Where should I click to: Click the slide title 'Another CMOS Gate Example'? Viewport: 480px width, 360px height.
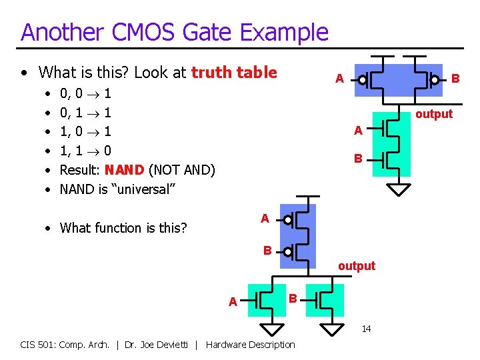click(x=175, y=32)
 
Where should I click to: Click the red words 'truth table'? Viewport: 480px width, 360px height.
click(x=234, y=73)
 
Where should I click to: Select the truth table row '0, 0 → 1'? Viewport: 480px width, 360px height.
click(x=85, y=93)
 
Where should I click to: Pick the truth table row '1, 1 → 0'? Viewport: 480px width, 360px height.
click(x=85, y=151)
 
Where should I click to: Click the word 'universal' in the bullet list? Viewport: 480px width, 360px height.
click(x=143, y=189)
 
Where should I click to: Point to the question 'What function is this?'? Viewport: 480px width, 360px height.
click(x=123, y=228)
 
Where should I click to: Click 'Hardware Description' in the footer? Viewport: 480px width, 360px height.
click(x=251, y=344)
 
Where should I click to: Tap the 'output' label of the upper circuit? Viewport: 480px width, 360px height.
click(x=433, y=114)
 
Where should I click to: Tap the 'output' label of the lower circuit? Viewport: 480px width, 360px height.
click(x=356, y=266)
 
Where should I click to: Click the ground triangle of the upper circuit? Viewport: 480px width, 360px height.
click(x=399, y=189)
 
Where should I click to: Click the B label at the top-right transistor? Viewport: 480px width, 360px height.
click(x=456, y=78)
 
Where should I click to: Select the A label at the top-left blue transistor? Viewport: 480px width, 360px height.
click(x=339, y=79)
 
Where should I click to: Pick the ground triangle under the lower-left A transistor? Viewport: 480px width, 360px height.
click(x=271, y=328)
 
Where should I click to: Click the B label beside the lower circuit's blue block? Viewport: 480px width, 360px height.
click(x=267, y=251)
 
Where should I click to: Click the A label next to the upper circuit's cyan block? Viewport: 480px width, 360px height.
click(x=358, y=131)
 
